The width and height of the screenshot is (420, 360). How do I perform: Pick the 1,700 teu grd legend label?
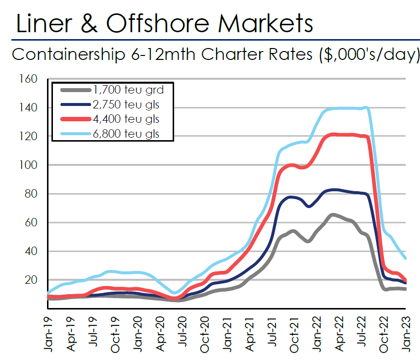pos(128,90)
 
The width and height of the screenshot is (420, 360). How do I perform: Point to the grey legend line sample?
pos(75,90)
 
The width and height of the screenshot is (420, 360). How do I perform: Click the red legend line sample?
pos(75,119)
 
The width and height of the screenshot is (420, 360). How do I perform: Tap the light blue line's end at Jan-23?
pos(406,258)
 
